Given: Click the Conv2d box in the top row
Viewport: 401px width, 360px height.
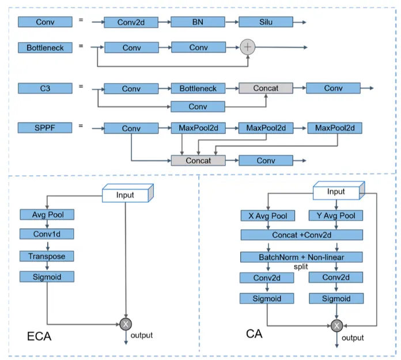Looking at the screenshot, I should click(131, 22).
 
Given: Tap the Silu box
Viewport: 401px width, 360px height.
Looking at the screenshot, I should click(266, 22).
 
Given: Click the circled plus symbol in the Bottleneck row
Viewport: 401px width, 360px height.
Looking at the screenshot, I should click(247, 47).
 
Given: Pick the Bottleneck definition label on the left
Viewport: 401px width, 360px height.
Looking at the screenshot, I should click(45, 47).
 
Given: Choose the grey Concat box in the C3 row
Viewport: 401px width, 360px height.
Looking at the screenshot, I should click(266, 88).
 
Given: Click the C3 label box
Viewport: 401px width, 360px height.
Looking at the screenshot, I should click(45, 88).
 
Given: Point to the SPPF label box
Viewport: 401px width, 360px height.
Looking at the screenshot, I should click(45, 128).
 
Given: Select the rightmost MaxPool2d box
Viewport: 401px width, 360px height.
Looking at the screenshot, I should click(335, 128).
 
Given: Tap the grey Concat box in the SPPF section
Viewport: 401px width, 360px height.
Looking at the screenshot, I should click(198, 160).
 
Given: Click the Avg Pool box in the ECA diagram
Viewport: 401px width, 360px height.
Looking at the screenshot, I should click(47, 215).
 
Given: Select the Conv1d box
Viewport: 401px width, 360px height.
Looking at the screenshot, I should click(47, 234).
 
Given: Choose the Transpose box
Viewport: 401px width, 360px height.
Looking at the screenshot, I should click(47, 256).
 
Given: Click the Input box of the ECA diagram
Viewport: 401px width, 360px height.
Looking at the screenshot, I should click(125, 195).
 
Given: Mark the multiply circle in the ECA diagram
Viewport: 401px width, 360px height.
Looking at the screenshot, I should click(126, 325).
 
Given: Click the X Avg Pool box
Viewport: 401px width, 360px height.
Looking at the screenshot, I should click(267, 215).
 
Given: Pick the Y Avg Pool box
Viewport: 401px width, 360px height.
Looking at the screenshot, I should click(336, 215).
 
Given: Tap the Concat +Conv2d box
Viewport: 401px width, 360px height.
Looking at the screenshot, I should click(302, 235).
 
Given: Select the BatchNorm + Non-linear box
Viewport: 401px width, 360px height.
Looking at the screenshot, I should click(302, 257).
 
